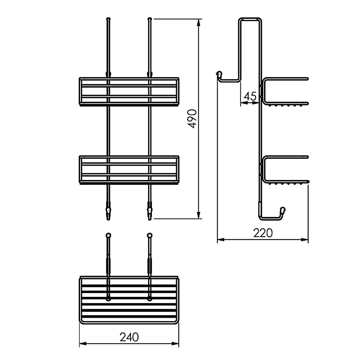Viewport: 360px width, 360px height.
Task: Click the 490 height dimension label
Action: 192,119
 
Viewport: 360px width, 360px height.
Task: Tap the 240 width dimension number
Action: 129,337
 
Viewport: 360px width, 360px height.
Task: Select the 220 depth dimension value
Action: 263,233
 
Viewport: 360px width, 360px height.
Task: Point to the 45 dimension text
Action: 250,96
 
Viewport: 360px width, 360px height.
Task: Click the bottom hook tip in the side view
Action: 283,210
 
